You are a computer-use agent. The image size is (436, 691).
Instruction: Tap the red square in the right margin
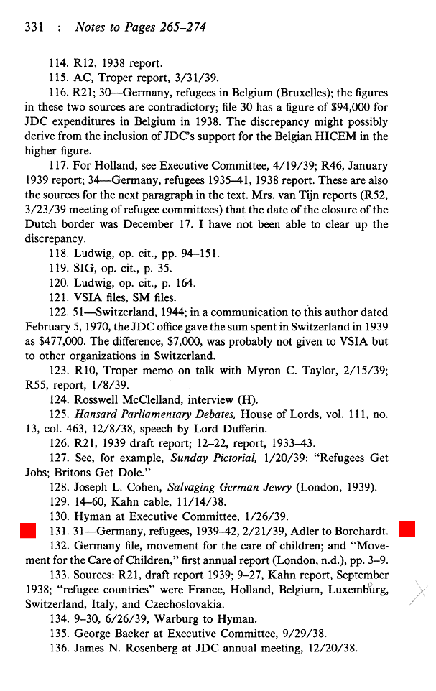coord(407,532)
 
